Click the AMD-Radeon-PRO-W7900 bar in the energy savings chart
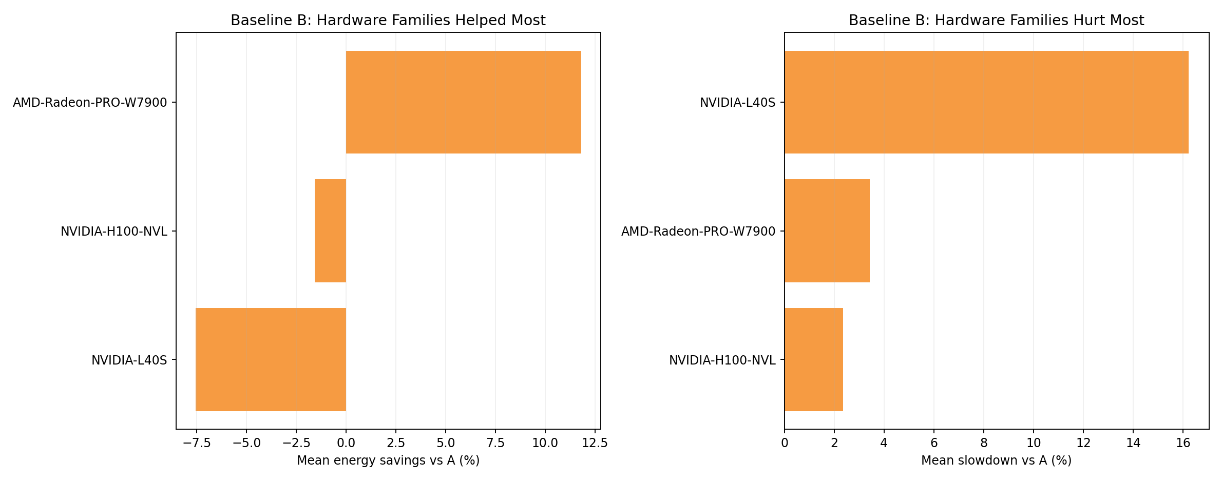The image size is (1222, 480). (463, 102)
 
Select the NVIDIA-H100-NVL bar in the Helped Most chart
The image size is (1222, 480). (330, 231)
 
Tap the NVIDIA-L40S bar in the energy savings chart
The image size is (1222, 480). (271, 359)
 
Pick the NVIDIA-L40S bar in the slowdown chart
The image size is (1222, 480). (986, 102)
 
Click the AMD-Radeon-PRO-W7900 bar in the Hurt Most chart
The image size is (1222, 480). (827, 231)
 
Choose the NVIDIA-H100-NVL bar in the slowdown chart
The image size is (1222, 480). (813, 359)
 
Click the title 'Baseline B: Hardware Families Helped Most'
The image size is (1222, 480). (388, 21)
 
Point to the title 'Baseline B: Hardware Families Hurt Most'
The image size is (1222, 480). (996, 21)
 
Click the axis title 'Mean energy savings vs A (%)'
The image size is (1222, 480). (388, 460)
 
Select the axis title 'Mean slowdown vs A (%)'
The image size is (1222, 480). (996, 460)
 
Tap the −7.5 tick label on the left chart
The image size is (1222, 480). (196, 443)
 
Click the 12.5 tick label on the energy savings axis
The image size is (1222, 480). (595, 443)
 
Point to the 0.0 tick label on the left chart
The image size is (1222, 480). (346, 443)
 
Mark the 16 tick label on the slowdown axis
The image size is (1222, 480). (1183, 443)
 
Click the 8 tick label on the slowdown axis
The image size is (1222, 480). (984, 443)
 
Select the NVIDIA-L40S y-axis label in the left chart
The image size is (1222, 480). (129, 360)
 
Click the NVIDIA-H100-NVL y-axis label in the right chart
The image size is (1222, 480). (722, 360)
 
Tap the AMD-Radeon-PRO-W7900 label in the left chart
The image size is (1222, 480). (90, 103)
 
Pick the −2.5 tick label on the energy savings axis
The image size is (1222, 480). (295, 443)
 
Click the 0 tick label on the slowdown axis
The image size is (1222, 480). (785, 443)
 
